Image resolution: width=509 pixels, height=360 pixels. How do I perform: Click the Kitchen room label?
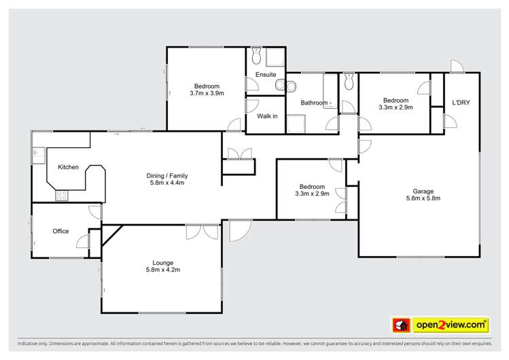tap(68, 167)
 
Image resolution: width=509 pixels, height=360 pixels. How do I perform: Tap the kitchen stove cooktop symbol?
tap(61, 196)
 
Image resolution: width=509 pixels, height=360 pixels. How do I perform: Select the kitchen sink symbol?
tap(38, 156)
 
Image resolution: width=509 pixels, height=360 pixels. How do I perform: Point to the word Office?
tap(60, 232)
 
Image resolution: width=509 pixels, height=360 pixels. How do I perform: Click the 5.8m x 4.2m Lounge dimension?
tap(161, 270)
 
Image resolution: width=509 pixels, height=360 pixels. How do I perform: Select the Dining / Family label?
tap(166, 176)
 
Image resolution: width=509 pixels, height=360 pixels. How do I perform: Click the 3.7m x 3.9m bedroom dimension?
tap(207, 93)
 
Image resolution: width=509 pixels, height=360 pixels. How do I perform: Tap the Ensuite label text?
tap(266, 74)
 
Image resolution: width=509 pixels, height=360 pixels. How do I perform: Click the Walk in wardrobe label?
tap(266, 116)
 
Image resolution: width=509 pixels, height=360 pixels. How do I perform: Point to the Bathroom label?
tap(315, 103)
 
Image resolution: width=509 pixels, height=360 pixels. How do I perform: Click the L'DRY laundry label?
tap(461, 103)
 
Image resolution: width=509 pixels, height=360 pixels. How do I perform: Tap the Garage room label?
tap(419, 191)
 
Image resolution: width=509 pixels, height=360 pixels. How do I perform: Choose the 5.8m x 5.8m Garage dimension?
tap(419, 198)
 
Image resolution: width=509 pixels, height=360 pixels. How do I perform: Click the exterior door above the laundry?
tap(455, 65)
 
